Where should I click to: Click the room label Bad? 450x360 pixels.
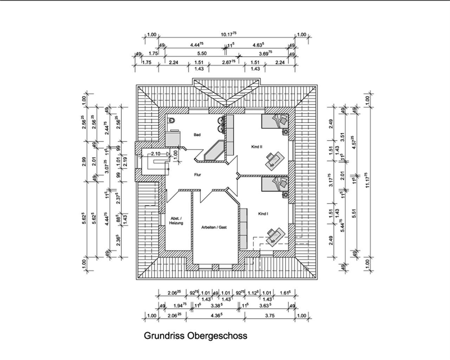[x=197, y=135]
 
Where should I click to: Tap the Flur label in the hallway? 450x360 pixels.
[x=198, y=175]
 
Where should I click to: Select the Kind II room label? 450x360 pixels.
[x=257, y=148]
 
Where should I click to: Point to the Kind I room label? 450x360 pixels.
[x=263, y=214]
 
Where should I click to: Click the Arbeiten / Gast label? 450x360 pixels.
[x=214, y=228]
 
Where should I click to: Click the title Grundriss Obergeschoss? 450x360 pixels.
[x=196, y=336]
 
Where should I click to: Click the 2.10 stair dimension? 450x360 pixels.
[x=156, y=154]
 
